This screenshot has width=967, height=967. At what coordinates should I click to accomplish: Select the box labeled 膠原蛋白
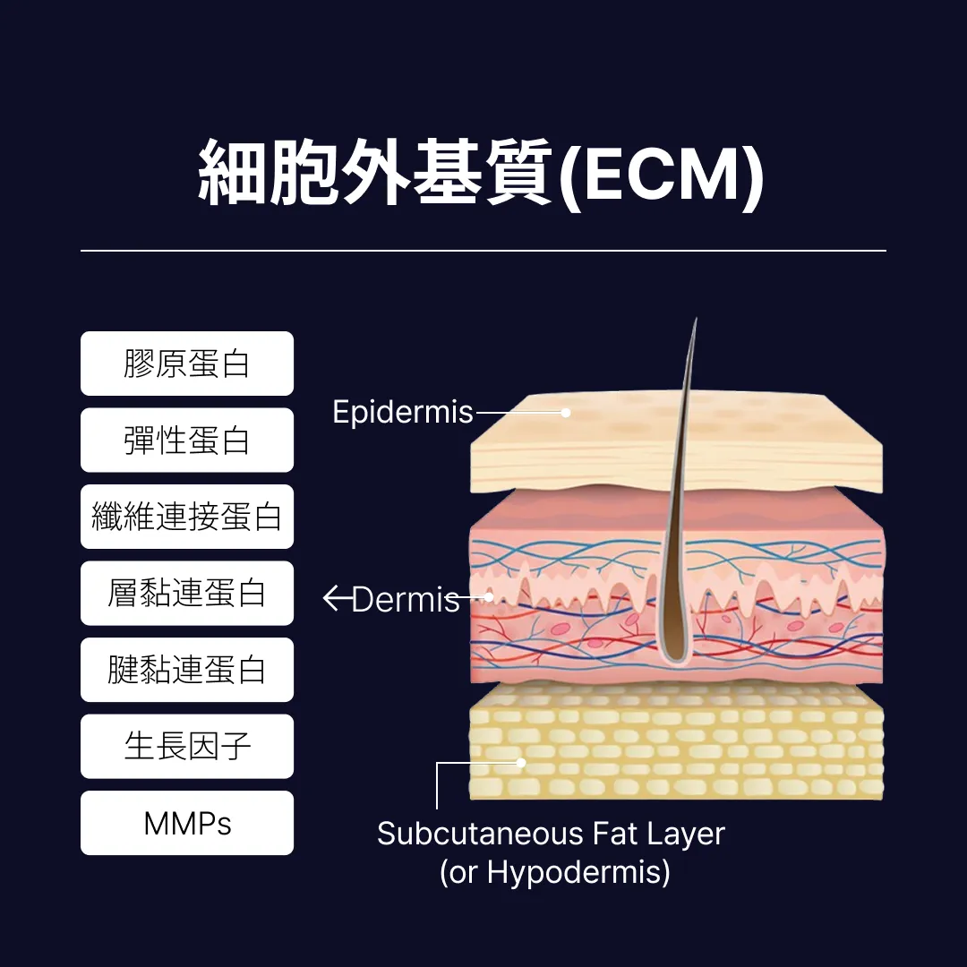coord(187,364)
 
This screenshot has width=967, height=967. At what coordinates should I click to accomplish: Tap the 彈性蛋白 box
coord(187,441)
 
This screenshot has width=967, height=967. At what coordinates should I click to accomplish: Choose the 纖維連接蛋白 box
coord(187,517)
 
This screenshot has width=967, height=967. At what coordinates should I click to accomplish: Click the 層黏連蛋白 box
coord(187,594)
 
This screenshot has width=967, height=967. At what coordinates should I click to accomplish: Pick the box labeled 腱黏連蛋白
coord(187,670)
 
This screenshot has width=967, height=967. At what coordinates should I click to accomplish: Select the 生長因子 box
coord(187,747)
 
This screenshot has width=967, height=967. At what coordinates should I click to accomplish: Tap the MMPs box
coord(187,823)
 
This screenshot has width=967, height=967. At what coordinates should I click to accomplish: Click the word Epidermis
coord(402,412)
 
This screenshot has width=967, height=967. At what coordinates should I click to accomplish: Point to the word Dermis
coord(406,599)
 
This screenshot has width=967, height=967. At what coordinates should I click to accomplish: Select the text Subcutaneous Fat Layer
coord(551,834)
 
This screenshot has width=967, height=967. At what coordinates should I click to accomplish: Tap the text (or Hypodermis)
coord(554,872)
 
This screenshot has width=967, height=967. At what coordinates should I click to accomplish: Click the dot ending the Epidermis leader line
coord(566,413)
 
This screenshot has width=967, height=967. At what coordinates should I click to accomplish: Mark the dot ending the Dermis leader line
coord(490,596)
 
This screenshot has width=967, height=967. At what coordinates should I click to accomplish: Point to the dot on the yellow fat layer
coord(521,763)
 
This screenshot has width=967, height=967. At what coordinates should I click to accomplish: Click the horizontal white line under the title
coord(483,251)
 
